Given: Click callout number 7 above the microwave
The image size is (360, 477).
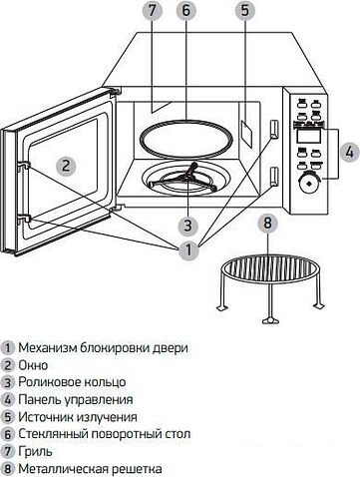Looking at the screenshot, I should point(152,12).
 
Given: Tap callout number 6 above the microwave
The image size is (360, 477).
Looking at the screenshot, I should point(184,12).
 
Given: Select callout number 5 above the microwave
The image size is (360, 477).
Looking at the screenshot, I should point(243,12).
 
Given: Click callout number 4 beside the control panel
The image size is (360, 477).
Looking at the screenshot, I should point(348,152).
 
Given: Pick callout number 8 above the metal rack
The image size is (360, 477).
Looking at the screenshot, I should point(266,224).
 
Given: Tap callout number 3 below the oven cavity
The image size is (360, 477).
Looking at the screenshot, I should point(186,224).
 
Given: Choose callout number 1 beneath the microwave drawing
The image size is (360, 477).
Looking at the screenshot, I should point(185,252).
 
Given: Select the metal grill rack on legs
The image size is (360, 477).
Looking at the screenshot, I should point(267,272).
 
